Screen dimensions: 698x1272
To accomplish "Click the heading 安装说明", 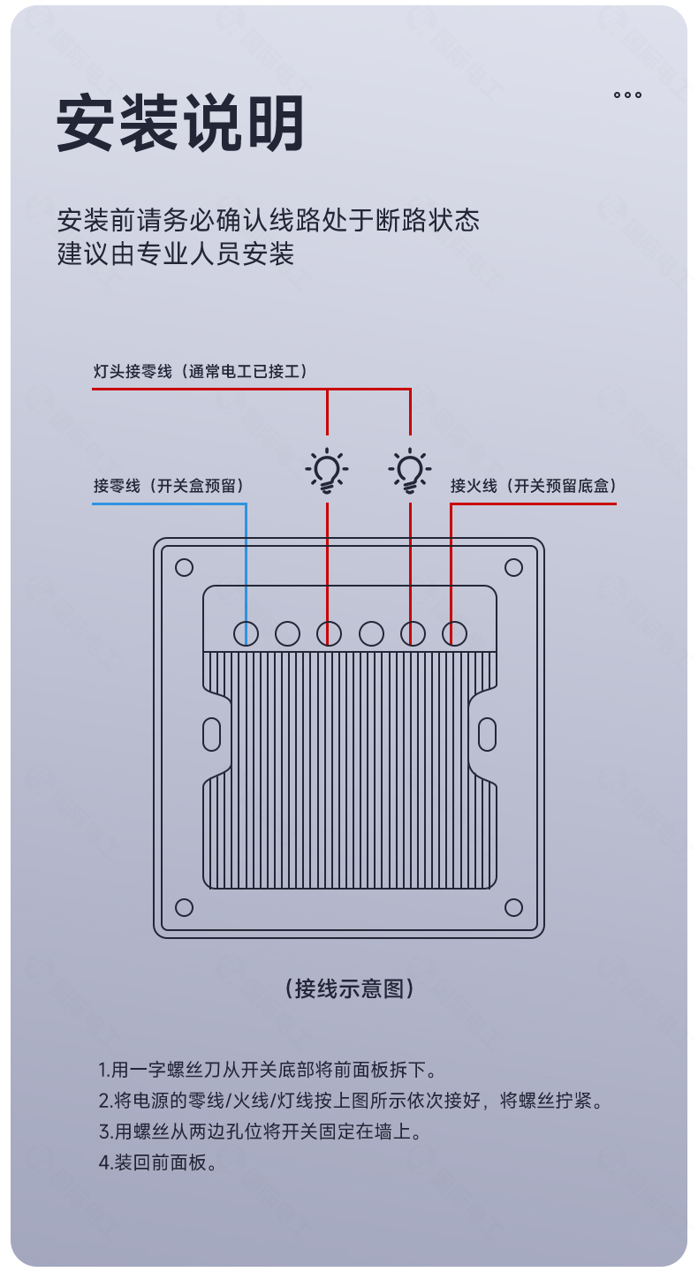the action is (x=180, y=123).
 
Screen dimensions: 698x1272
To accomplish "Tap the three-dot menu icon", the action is (x=627, y=95).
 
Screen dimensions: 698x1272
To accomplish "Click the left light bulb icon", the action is (x=327, y=471).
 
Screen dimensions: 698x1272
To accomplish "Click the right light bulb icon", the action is (x=410, y=471).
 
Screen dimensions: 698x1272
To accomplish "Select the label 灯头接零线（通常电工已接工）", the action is (x=201, y=371).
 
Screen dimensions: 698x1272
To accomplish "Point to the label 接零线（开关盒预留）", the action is (x=169, y=486).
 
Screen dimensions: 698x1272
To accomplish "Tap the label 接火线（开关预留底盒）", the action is (x=534, y=486).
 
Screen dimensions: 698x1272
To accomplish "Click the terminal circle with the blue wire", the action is (x=246, y=633).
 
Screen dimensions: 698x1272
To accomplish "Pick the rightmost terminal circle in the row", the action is (x=454, y=633).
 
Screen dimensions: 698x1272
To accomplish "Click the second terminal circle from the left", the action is (x=287, y=633).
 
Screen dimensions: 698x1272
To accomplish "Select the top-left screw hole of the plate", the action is (x=184, y=567).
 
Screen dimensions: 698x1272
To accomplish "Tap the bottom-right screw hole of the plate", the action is (x=513, y=907).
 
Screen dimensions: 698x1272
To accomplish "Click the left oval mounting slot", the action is (x=211, y=734).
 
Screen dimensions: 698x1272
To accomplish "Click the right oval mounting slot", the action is (x=488, y=734).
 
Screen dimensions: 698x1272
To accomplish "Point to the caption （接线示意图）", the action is (x=349, y=988).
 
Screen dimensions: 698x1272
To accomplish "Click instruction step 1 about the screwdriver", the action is (x=268, y=1070).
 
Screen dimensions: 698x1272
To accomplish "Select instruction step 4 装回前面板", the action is (x=158, y=1162).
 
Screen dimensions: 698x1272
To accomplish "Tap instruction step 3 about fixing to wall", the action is (x=260, y=1132).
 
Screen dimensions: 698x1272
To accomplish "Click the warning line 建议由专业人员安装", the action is (x=176, y=254).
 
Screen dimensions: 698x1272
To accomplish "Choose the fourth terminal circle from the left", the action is (x=371, y=633).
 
